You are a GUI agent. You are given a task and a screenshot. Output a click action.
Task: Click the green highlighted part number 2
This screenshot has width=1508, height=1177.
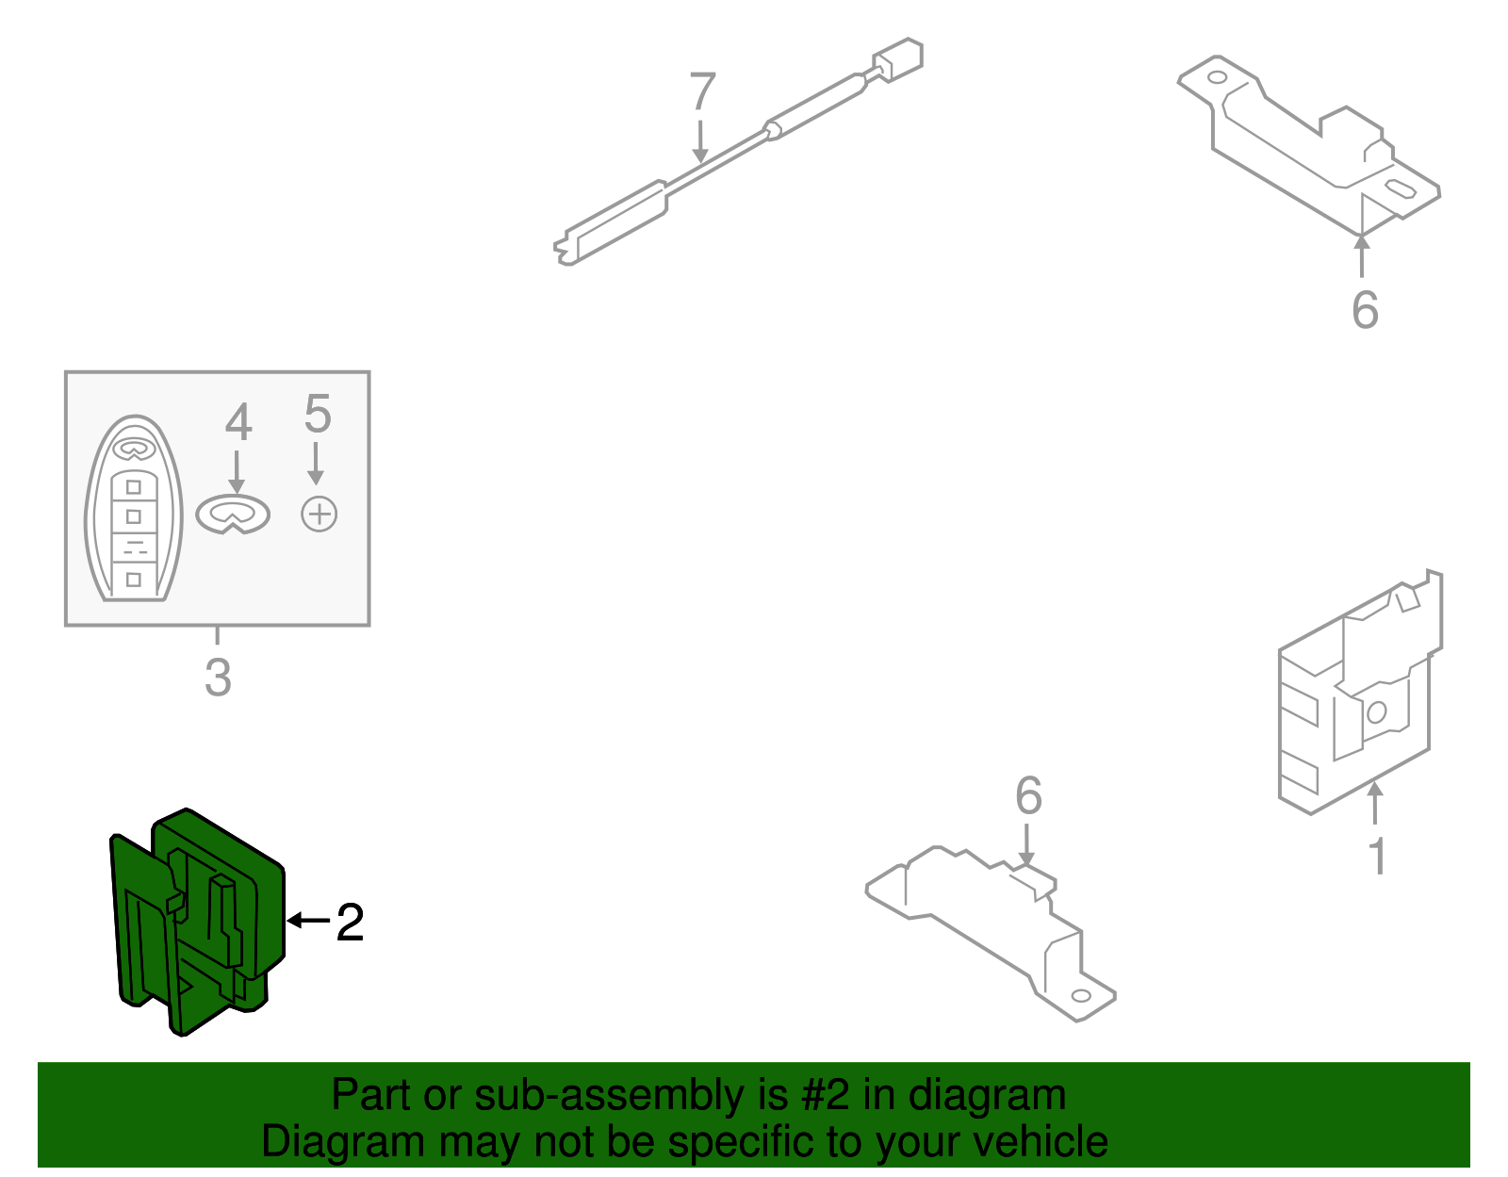[198, 923]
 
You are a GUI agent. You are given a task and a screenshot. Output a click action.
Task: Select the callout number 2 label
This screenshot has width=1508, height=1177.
[350, 923]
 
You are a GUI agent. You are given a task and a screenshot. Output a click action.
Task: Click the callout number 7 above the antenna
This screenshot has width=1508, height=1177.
[701, 90]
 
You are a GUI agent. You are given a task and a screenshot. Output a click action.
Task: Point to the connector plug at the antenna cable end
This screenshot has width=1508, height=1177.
[897, 59]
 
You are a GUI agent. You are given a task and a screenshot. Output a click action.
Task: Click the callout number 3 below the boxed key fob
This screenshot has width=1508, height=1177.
[218, 678]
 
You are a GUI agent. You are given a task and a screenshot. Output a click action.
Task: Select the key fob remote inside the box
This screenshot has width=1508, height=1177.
[134, 508]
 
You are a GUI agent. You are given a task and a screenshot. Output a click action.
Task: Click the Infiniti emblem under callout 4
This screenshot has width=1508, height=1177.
[233, 515]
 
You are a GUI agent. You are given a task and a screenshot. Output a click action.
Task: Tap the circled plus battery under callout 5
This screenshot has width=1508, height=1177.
[320, 514]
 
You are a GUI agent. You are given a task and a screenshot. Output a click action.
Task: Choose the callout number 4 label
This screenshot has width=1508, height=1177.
[238, 422]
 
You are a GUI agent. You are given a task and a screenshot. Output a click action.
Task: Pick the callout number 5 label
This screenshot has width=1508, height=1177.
[318, 414]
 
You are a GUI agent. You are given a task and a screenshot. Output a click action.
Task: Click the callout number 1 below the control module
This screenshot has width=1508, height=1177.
[1378, 858]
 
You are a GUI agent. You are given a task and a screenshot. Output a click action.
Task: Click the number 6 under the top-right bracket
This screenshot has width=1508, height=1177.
[1365, 310]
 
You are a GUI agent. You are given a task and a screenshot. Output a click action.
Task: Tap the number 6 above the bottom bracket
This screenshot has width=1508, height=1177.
[1028, 795]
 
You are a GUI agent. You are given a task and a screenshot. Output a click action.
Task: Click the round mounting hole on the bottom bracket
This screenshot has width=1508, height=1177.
[1081, 996]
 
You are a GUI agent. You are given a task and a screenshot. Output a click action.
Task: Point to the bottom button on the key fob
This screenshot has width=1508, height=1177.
[134, 580]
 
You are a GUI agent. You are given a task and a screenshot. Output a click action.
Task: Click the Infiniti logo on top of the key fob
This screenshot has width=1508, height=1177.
[134, 450]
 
